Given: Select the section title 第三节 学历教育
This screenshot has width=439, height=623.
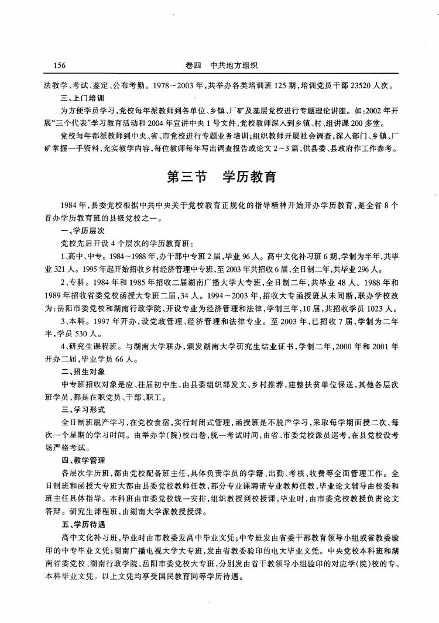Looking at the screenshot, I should coord(221,177).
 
